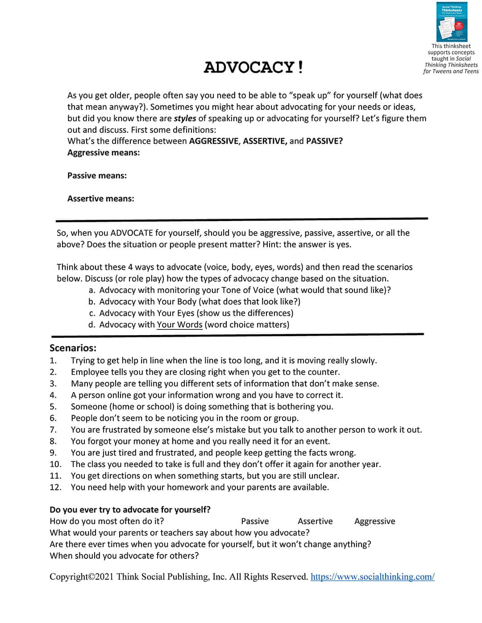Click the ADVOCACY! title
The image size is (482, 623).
click(x=253, y=67)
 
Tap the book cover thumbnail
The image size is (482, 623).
click(x=452, y=22)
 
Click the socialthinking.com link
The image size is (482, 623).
click(x=372, y=577)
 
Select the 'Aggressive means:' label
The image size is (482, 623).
click(x=104, y=152)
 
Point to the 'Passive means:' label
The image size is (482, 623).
click(x=97, y=176)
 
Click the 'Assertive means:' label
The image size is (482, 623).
click(x=100, y=199)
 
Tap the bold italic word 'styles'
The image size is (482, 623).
click(x=185, y=118)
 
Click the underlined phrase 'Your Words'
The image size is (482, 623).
click(x=179, y=324)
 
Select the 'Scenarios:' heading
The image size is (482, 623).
click(x=73, y=348)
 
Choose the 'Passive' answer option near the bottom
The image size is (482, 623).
click(x=255, y=521)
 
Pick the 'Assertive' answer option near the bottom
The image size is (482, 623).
click(x=315, y=521)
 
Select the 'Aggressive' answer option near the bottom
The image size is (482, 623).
click(x=374, y=521)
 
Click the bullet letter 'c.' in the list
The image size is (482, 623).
click(x=92, y=313)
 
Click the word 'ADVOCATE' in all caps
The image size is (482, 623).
click(x=132, y=233)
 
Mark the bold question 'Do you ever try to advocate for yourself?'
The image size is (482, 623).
click(x=130, y=509)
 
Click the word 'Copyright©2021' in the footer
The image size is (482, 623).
click(x=81, y=577)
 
